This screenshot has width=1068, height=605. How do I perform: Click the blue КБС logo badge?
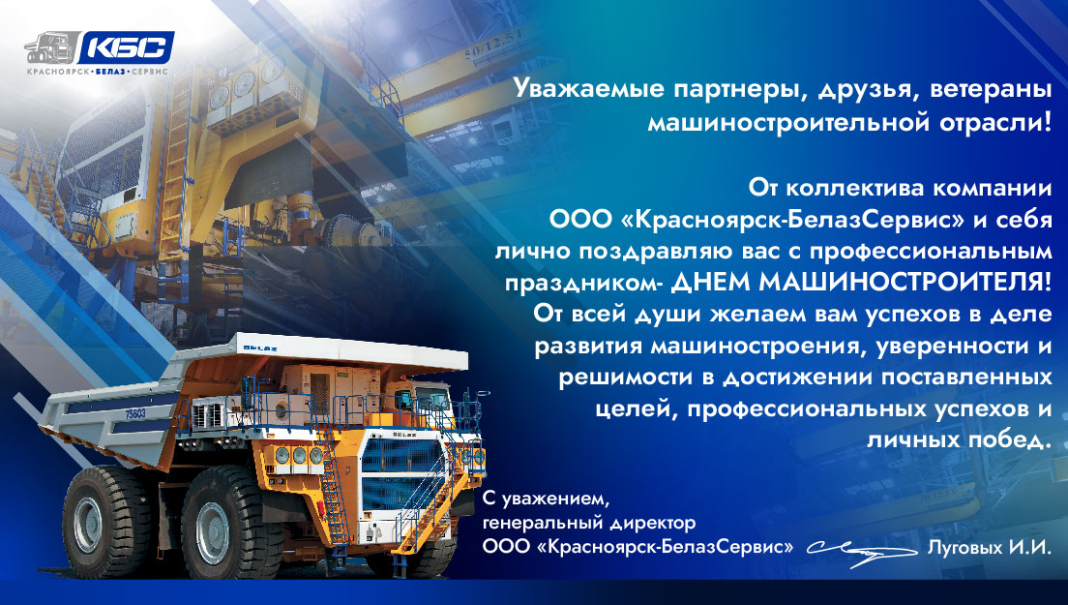[126, 47]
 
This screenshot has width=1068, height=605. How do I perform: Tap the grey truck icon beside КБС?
[52, 49]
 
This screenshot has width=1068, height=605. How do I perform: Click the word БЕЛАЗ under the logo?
[110, 72]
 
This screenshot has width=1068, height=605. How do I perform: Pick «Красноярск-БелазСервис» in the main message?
[794, 220]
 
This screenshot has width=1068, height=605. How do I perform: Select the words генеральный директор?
[589, 524]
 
